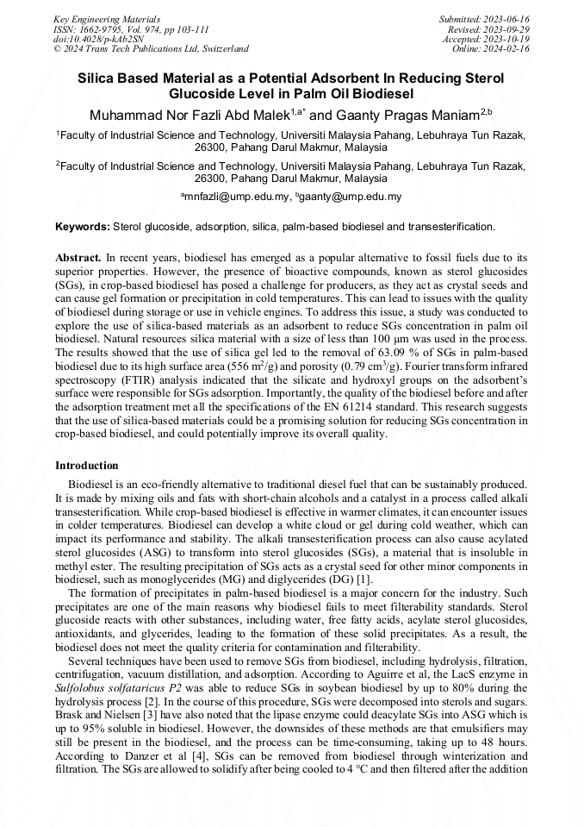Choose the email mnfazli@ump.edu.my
point(237,197)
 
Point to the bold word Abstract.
point(78,257)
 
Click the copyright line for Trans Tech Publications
point(151,49)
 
